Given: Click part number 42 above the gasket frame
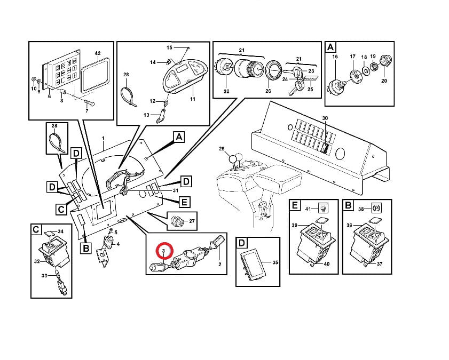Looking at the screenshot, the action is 98,53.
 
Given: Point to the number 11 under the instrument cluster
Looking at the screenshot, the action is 193,99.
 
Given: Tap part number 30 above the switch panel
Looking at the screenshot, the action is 325,118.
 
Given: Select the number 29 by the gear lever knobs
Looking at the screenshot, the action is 222,149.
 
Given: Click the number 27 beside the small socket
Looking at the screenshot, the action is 192,221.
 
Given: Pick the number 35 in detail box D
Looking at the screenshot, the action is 275,262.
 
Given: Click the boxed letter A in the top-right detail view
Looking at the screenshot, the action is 330,47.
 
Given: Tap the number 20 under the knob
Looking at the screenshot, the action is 384,81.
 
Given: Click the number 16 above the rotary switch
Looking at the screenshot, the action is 335,57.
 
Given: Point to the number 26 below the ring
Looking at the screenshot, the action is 268,91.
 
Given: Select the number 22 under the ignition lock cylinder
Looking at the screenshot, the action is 226,91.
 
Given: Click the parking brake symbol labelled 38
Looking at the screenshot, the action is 376,209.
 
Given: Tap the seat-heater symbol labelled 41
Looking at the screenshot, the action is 324,208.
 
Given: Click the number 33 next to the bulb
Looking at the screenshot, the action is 44,276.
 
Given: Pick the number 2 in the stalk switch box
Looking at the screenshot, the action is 220,265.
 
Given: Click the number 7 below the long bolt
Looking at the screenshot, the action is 87,110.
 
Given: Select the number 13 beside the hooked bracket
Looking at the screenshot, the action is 146,115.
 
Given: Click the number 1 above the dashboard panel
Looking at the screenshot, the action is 104,138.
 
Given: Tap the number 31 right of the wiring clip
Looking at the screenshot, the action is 176,190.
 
